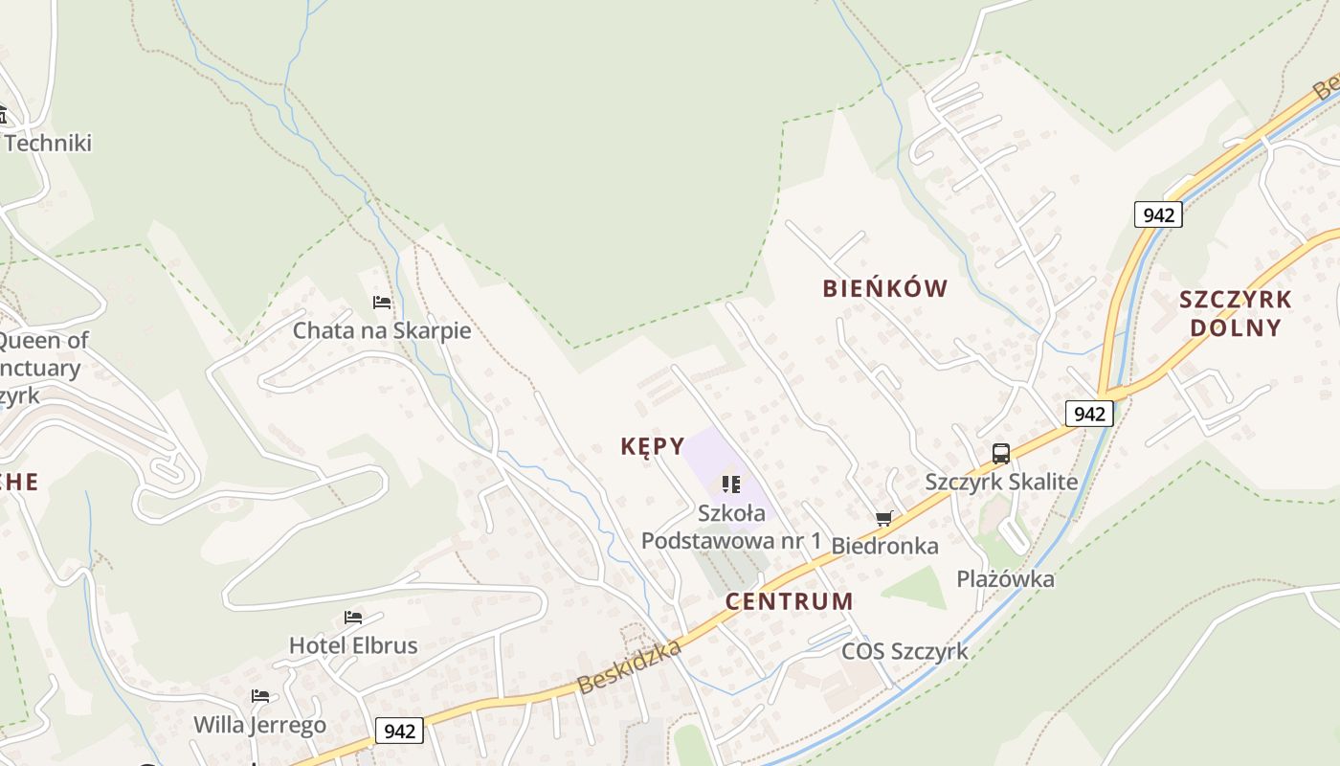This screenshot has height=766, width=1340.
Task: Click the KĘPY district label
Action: click(653, 446)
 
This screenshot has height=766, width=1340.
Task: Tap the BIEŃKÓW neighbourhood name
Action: click(885, 288)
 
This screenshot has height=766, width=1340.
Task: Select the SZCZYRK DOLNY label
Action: click(1235, 313)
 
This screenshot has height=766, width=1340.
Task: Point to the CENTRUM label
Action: click(789, 601)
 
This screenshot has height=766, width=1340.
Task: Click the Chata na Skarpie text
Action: click(382, 331)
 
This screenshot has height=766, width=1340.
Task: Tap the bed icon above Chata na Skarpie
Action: click(382, 303)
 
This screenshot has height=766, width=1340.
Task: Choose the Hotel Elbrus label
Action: click(353, 645)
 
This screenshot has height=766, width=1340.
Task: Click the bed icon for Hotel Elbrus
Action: click(353, 618)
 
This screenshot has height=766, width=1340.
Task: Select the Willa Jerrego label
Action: click(259, 725)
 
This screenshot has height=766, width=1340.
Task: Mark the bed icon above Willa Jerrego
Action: click(259, 696)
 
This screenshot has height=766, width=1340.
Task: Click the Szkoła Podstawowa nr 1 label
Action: click(731, 527)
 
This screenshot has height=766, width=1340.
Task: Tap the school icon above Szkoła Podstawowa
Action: click(731, 484)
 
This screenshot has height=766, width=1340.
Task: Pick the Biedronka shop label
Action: click(884, 546)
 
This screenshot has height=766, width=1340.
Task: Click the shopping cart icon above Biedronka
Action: click(883, 518)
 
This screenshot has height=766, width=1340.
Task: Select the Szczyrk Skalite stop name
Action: click(1001, 482)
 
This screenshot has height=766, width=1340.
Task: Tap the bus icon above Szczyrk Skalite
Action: click(1001, 454)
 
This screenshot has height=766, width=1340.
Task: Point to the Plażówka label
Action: click(1005, 579)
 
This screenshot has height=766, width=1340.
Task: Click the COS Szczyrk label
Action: click(904, 652)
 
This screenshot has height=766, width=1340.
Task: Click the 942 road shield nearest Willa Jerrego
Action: click(399, 731)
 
